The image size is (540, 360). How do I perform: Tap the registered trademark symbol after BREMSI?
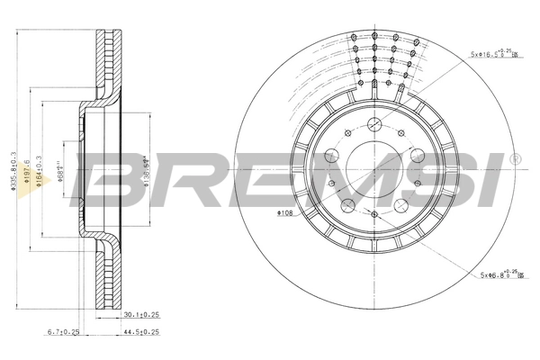(514, 159)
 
